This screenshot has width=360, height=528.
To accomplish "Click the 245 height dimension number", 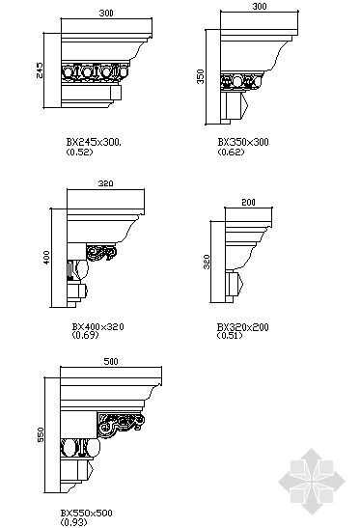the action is coord(40,70).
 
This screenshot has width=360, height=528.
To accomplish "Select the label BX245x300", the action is coord(94,142).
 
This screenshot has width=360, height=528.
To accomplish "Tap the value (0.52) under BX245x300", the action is coord(79,152).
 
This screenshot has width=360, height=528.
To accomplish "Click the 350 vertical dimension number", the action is coord(201,76).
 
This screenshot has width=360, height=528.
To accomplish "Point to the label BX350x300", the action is coord(243,142).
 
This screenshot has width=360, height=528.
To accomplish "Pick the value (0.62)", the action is coord(231,152).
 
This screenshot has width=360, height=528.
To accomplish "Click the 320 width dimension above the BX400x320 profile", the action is coord(106,183).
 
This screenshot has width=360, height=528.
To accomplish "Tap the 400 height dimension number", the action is coord(46,258).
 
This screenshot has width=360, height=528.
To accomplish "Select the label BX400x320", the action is coord(98,326).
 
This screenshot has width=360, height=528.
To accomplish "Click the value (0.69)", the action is coord(85,335).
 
